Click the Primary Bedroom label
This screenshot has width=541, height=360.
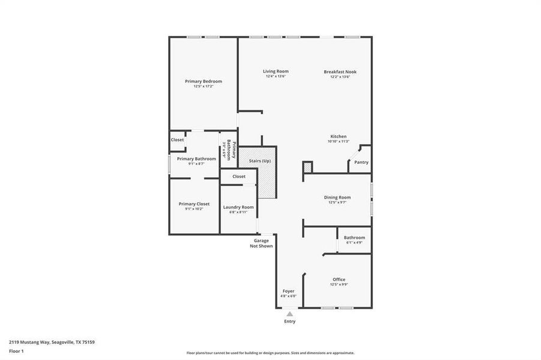click(x=204, y=81)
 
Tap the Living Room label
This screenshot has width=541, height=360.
click(x=276, y=71)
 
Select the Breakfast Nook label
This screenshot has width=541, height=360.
click(x=340, y=71)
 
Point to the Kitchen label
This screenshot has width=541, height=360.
click(x=338, y=136)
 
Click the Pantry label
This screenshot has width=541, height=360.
click(x=361, y=162)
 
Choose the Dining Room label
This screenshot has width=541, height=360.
click(x=337, y=197)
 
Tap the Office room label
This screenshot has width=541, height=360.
click(x=339, y=279)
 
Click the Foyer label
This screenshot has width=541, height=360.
click(x=289, y=291)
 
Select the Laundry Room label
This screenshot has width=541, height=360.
click(x=238, y=207)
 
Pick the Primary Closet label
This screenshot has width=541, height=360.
click(x=194, y=204)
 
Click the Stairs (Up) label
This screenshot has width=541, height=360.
click(x=259, y=161)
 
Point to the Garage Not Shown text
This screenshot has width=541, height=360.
click(x=261, y=243)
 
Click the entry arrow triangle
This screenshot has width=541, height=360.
click(x=289, y=314)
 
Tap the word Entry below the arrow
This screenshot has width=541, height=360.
click(x=289, y=322)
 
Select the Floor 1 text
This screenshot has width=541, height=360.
click(x=16, y=350)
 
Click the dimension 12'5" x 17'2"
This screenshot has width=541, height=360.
click(x=204, y=86)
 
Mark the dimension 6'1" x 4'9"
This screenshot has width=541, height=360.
click(x=354, y=243)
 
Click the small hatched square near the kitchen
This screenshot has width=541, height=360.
click(x=307, y=168)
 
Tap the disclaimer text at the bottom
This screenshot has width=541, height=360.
click(x=270, y=353)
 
